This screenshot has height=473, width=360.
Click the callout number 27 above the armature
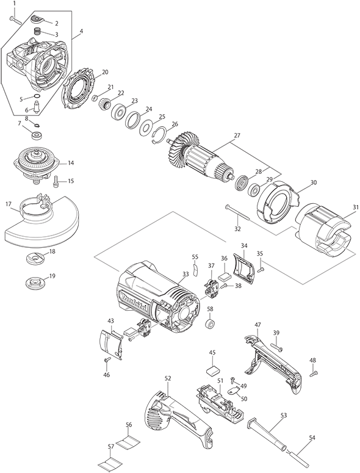(237, 135)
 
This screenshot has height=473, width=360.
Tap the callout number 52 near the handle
(168, 378)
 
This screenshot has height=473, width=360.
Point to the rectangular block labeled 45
(212, 368)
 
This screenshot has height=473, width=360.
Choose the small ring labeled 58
(209, 323)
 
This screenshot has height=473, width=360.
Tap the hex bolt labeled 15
(56, 180)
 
